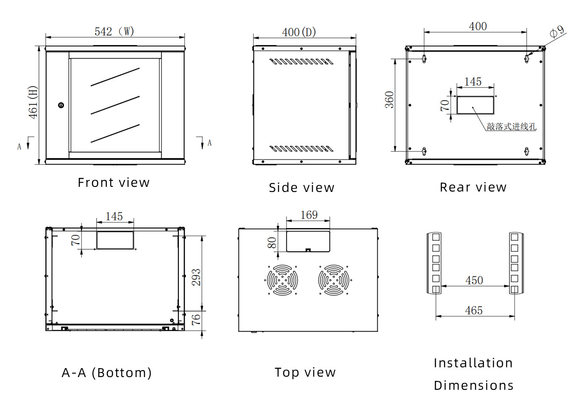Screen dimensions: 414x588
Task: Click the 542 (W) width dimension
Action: (114, 31)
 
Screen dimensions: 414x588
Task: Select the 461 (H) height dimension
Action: (33, 102)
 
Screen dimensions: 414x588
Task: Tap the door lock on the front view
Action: (61, 105)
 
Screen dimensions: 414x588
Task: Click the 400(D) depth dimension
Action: (299, 32)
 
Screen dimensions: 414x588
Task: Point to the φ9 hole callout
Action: (557, 32)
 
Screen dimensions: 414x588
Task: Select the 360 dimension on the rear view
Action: (389, 100)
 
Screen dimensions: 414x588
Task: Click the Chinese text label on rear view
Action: (511, 127)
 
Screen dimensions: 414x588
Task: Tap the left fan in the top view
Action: (282, 280)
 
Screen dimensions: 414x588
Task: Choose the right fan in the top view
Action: (334, 280)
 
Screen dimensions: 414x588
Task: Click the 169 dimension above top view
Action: (309, 215)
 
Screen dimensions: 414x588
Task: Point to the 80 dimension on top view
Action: (272, 242)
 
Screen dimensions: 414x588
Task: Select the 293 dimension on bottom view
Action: (196, 277)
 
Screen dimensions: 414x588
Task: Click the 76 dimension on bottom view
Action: (196, 319)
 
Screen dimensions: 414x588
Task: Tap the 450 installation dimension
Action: (474, 280)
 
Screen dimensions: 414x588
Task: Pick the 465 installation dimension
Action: (474, 310)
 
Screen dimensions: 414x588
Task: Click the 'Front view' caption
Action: (114, 183)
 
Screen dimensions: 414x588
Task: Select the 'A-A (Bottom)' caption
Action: (106, 373)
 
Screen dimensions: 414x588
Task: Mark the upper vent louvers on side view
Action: (301, 62)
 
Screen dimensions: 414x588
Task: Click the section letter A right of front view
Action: (209, 143)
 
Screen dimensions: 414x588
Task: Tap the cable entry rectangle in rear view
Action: (475, 105)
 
